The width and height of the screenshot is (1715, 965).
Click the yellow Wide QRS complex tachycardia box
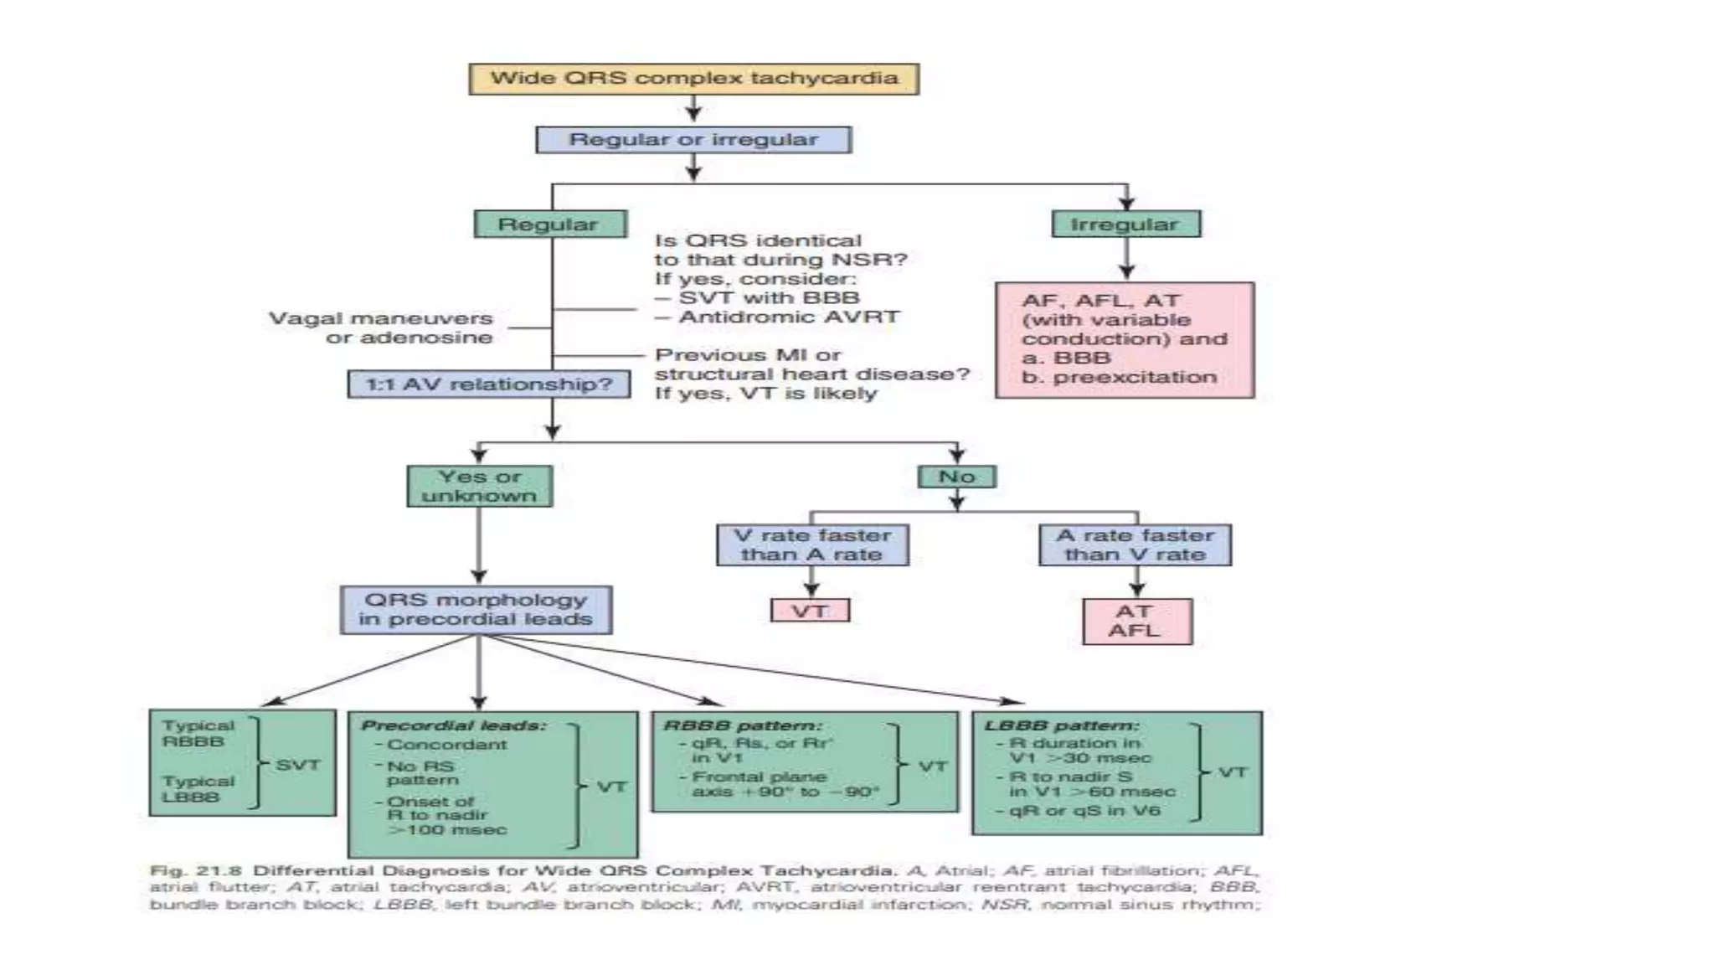693,79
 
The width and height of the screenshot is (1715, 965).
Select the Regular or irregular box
693,140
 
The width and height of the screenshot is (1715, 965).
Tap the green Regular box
549,224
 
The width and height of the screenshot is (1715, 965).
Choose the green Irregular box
1125,224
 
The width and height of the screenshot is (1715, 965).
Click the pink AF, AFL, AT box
1125,339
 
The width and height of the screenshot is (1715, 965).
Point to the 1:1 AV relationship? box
489,384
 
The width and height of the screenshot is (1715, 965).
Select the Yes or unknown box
479,487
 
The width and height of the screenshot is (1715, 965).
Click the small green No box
956,477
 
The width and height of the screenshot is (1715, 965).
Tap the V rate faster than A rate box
812,544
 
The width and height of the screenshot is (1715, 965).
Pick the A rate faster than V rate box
1135,544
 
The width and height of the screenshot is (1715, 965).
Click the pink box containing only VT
810,611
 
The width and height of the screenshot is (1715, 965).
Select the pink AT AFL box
1136,622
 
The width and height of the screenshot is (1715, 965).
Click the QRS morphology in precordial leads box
476,610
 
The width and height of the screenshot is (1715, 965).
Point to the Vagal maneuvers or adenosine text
381,328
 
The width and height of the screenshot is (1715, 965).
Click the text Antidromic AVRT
789,317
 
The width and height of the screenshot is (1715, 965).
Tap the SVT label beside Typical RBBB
298,765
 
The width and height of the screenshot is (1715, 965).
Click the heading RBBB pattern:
742,725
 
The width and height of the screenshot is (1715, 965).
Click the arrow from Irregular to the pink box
1126,259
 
